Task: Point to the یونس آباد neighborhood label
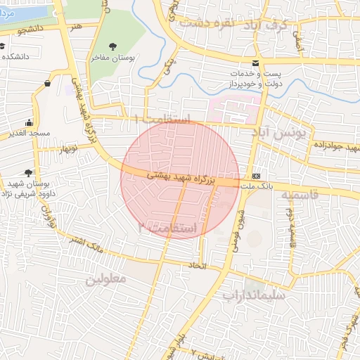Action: (281, 131)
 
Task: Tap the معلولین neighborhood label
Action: (106, 279)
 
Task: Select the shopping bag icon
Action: (47, 83)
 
